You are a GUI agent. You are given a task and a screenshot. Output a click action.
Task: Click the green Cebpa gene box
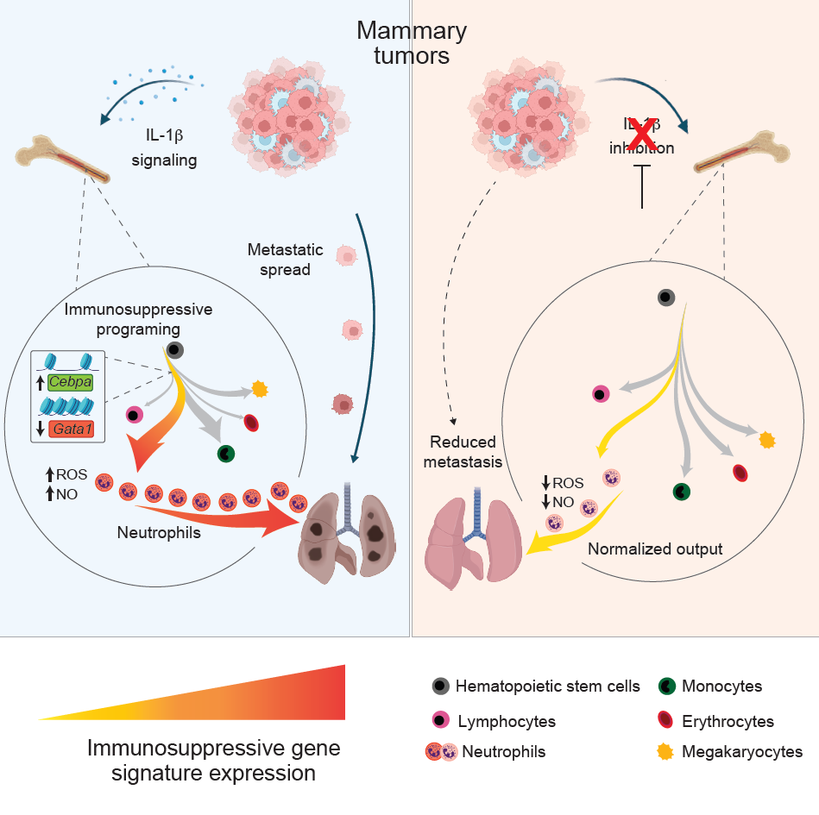(70, 382)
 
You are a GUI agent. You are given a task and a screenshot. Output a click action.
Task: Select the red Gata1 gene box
(72, 429)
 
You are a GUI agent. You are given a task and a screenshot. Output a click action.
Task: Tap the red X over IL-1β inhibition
(642, 134)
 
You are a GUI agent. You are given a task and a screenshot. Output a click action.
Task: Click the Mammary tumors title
(412, 43)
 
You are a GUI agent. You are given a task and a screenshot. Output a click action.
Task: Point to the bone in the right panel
(741, 153)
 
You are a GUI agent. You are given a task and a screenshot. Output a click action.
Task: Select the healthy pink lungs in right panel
(474, 539)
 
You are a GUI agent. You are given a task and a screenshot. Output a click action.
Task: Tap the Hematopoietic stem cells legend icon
(441, 686)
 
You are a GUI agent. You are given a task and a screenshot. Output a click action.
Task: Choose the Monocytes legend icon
(667, 686)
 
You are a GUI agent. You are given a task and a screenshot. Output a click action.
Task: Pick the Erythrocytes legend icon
(665, 720)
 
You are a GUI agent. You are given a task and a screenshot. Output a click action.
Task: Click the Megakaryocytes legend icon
(665, 751)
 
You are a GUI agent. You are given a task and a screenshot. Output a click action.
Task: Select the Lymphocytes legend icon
(441, 720)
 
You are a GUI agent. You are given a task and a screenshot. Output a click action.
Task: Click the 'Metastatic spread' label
(285, 260)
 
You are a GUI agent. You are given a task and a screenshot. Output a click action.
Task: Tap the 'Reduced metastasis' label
(463, 452)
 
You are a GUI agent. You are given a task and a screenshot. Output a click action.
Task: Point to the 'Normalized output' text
(655, 549)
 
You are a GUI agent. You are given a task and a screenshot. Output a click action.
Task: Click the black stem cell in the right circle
(666, 298)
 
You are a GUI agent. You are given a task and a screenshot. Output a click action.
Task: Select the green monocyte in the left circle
(226, 454)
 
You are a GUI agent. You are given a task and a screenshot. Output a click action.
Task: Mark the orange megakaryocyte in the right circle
(766, 440)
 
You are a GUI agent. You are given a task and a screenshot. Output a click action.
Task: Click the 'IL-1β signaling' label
(165, 147)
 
